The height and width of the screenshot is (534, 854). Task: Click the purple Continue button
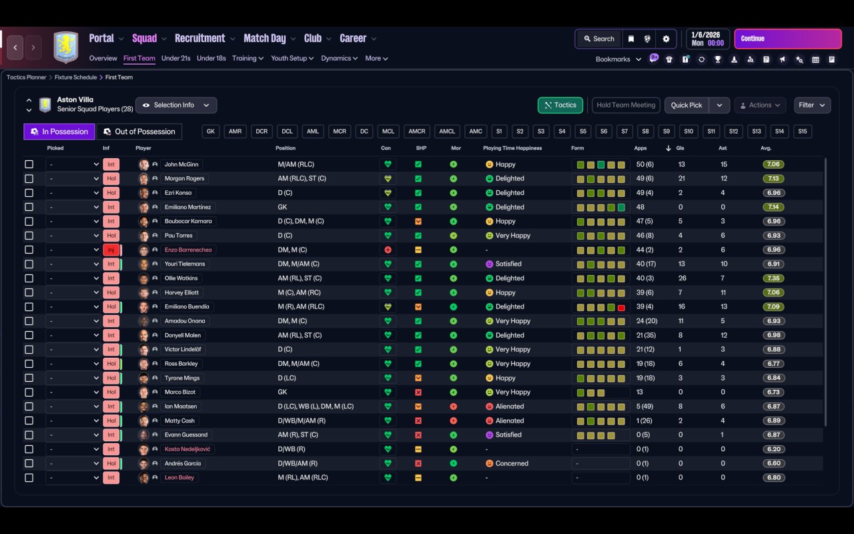point(787,39)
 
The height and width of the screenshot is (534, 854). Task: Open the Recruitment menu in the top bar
point(200,39)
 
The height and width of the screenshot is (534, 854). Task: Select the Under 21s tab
point(175,58)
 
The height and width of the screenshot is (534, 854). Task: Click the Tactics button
point(560,105)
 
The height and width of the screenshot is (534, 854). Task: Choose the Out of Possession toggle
point(139,131)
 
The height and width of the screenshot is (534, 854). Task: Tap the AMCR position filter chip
point(417,131)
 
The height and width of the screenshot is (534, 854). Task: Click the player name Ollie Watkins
point(181,278)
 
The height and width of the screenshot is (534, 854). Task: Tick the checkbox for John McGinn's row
point(29,164)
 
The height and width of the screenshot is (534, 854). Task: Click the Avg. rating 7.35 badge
point(774,278)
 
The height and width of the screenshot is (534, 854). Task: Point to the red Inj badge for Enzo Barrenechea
point(111,250)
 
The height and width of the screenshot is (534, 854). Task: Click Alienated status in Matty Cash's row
point(509,421)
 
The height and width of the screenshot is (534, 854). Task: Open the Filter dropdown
point(811,105)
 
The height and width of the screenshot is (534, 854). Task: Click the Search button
point(598,39)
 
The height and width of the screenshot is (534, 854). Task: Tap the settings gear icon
point(666,39)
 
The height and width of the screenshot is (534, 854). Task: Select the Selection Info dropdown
point(176,105)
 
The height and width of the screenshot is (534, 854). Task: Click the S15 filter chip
point(802,131)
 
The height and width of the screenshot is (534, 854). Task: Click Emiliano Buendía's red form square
point(621,307)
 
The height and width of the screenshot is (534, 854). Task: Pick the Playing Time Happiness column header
point(512,148)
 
